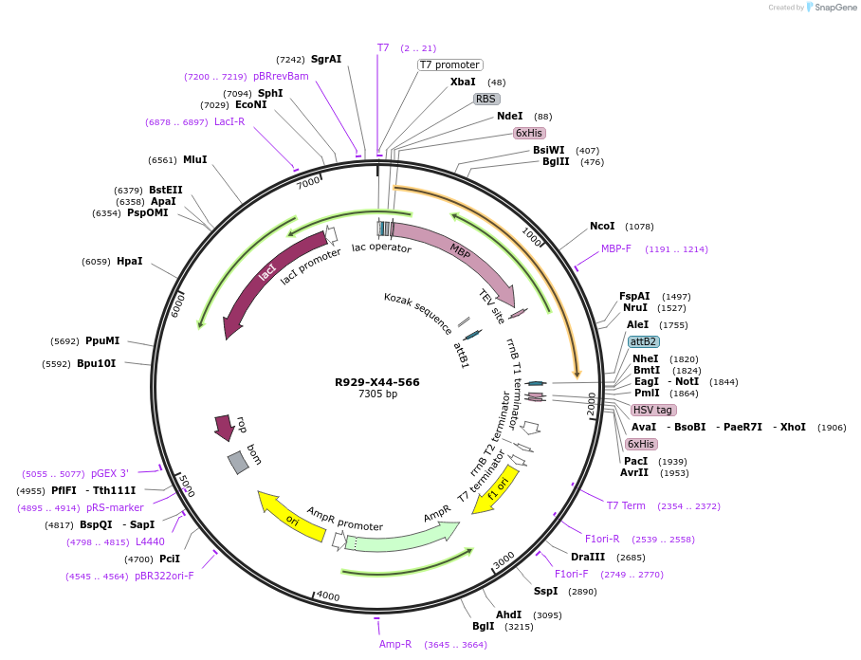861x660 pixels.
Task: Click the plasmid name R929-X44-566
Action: pos(376,382)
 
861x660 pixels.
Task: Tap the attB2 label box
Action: pos(644,341)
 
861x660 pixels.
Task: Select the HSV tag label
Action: pos(653,410)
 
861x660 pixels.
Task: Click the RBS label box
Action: pos(486,99)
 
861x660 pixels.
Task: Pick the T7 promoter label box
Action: pos(449,64)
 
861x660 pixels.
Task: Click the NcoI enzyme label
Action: pos(602,226)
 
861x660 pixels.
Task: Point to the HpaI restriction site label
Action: pos(130,261)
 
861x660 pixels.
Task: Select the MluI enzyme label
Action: pos(194,159)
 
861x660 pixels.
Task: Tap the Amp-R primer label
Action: pos(395,644)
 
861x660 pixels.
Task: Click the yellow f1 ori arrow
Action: pos(497,487)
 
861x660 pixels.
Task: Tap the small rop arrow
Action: pos(225,427)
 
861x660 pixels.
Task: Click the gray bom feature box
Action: pos(238,462)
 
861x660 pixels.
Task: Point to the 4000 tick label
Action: pos(328,596)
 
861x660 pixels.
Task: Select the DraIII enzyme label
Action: pos(588,557)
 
